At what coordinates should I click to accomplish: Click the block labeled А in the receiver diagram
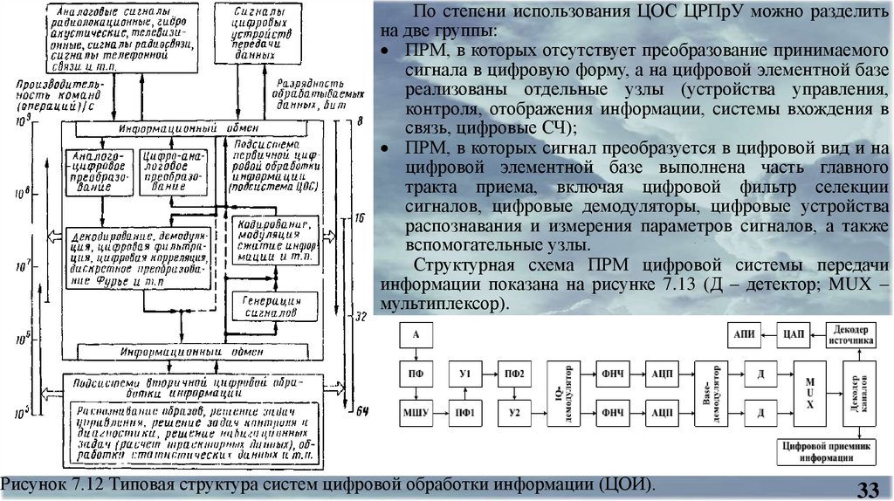416,335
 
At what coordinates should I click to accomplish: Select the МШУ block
416,409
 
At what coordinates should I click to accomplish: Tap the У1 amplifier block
464,374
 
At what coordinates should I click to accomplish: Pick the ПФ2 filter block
513,374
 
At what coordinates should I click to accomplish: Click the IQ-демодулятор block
562,391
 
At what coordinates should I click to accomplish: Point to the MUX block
810,391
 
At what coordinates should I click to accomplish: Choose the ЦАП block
794,335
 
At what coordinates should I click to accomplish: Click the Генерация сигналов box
269,305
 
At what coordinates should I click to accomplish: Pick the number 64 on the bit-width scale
362,411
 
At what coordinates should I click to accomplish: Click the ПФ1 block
464,409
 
